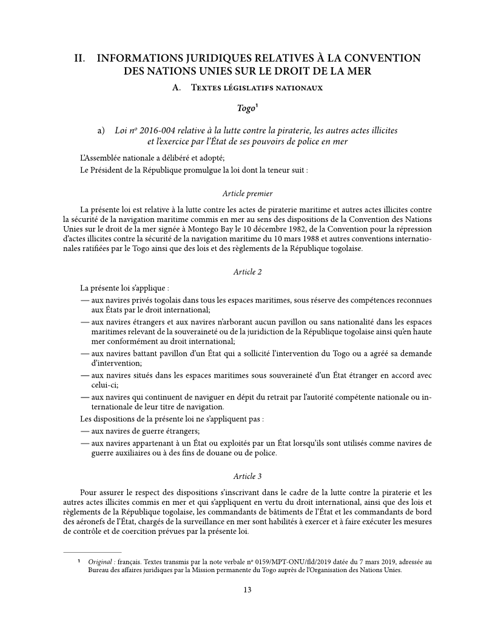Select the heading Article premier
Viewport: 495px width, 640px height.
click(x=247, y=194)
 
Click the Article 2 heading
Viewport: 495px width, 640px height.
click(x=247, y=272)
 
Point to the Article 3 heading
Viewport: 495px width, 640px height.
click(x=247, y=476)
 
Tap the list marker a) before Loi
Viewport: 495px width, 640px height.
click(x=102, y=131)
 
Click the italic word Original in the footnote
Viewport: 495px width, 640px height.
click(x=99, y=562)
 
